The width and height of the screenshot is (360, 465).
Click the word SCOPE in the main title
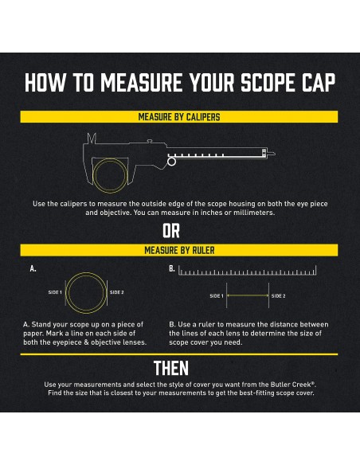[269, 83]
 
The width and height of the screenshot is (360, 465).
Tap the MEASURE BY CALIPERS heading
[179, 117]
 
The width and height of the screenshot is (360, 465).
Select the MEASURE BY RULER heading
[179, 250]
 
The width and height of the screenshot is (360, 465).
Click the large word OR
[171, 231]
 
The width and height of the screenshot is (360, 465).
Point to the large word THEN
[171, 369]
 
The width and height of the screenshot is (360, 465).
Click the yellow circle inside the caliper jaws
[94, 175]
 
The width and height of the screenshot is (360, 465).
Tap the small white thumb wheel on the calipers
[171, 162]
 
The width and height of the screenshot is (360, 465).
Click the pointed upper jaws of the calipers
[92, 139]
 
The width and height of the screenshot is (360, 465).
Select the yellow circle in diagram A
[66, 293]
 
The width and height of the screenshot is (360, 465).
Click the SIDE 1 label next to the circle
[55, 292]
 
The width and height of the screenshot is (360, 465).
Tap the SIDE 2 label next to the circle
[117, 292]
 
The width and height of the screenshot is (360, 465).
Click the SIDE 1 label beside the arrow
[217, 296]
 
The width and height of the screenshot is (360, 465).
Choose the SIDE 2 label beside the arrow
[279, 296]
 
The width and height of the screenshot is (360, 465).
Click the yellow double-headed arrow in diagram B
[248, 295]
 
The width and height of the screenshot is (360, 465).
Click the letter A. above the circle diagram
[33, 268]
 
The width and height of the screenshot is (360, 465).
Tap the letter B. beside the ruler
[172, 268]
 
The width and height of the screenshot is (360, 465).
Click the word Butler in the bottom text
[280, 385]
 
